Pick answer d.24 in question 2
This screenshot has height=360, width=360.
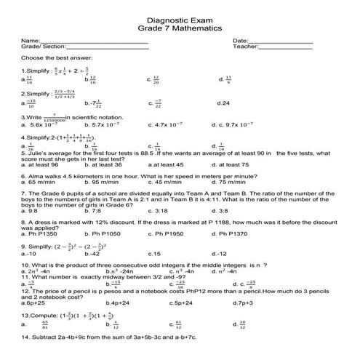tap(224, 103)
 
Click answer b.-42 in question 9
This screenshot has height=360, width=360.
tap(92, 254)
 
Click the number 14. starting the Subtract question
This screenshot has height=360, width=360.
tap(26, 338)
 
